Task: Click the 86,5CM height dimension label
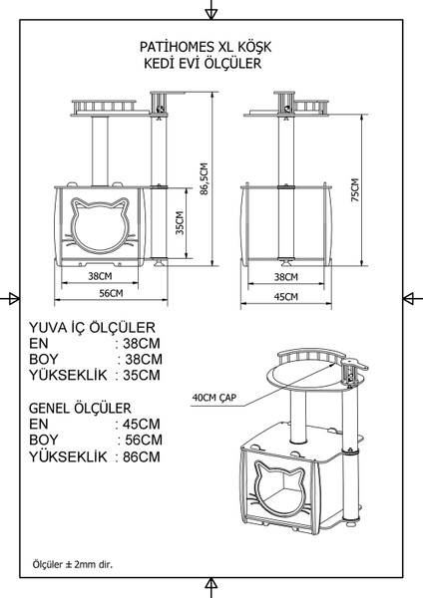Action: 205,179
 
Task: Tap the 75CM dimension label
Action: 355,190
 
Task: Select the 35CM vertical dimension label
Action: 180,222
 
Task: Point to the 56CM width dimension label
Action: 111,293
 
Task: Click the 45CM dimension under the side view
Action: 286,296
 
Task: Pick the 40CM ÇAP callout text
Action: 214,398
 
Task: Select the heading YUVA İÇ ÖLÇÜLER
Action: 92,327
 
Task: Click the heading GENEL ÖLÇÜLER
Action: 80,408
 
